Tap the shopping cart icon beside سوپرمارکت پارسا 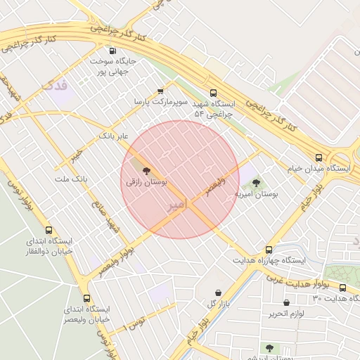[160, 91]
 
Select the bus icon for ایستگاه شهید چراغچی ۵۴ [214, 92]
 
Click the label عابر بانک [113, 134]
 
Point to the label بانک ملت [71, 179]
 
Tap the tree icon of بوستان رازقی [146, 170]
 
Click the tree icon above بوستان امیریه [255, 183]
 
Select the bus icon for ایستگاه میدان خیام [319, 157]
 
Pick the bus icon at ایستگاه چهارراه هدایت [269, 250]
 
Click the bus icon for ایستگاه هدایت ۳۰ [342, 288]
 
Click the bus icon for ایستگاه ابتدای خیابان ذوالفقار [49, 230]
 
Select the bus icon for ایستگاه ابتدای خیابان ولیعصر [86, 298]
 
